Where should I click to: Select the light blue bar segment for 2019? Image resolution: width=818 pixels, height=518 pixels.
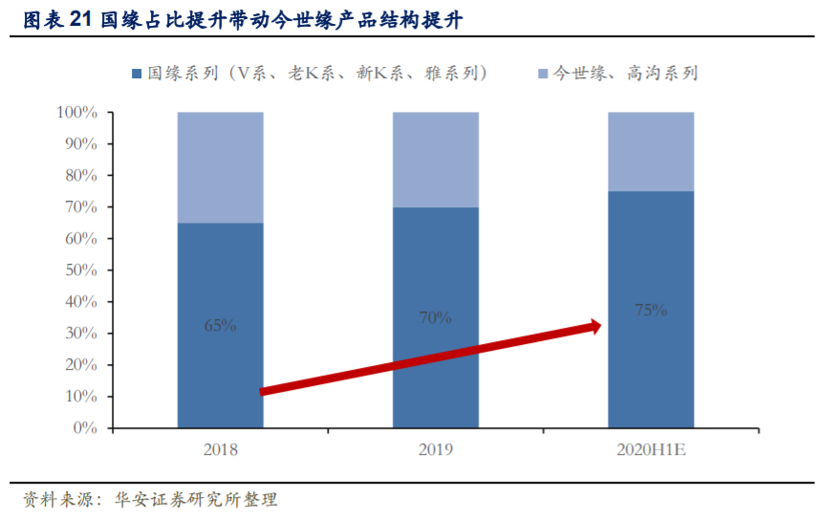pos(436,160)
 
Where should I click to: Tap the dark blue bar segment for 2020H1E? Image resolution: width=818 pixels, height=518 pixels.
pos(651,373)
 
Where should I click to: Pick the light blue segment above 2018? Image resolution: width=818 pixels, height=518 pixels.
pos(220,167)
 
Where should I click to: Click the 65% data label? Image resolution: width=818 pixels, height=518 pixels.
pos(220,325)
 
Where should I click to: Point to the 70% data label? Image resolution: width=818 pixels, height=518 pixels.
pos(436,317)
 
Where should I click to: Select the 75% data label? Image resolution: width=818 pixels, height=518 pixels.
pos(651,310)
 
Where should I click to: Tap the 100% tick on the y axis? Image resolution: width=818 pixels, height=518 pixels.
pos(77,113)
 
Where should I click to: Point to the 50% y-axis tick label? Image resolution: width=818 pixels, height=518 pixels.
pos(80,270)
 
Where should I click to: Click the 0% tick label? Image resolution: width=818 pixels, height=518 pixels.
pos(86,428)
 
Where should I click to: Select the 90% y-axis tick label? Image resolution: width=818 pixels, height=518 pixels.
pos(80,144)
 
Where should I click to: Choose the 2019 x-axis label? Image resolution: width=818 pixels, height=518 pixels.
pos(436,449)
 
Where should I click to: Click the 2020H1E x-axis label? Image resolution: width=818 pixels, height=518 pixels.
pos(651,449)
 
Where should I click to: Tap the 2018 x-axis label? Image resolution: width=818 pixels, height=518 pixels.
pos(220,449)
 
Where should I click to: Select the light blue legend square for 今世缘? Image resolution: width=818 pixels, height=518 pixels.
pos(543,74)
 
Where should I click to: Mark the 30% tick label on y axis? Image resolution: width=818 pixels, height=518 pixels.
pos(80,334)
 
